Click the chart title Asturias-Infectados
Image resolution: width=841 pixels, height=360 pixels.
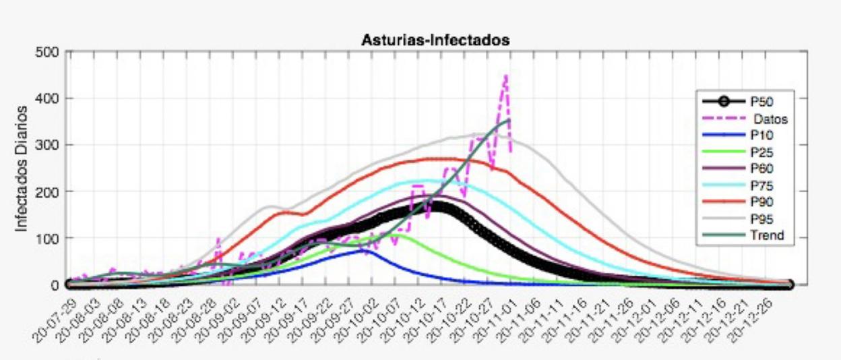tap(435, 40)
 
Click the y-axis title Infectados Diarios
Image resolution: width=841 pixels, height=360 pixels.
tap(22, 168)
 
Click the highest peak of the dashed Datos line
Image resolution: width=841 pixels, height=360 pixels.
tap(505, 76)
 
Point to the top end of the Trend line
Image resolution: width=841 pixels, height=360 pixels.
tap(509, 119)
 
